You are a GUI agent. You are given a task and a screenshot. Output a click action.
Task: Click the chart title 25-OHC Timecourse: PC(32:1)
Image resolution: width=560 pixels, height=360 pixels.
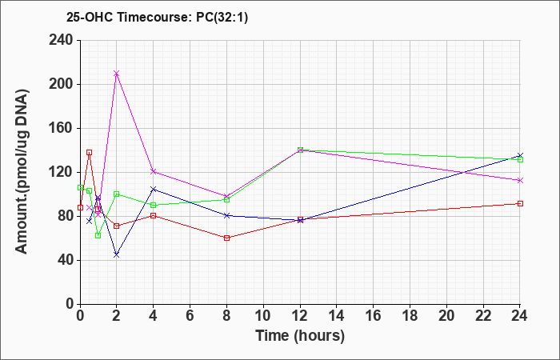[157, 18]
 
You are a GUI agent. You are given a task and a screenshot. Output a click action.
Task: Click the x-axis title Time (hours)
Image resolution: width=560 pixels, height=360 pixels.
[300, 336]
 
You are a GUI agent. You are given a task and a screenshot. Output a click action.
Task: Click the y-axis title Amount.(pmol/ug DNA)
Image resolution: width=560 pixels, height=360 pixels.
[22, 171]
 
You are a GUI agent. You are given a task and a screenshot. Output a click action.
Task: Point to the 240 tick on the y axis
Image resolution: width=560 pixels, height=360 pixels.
[60, 40]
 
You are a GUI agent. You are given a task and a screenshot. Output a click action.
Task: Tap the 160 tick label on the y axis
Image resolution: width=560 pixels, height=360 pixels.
[60, 128]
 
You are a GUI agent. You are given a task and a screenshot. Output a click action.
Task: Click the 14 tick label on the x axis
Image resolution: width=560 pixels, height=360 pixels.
[337, 316]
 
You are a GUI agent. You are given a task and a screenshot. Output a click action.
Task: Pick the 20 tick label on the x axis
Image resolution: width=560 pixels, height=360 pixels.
[446, 316]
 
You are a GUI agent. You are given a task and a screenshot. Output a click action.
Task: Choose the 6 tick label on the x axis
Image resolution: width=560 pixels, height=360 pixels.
[190, 316]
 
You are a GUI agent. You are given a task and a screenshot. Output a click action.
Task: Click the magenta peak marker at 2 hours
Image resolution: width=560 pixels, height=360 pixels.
[117, 74]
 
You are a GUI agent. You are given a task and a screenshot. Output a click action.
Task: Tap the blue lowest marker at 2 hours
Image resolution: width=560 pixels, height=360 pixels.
[117, 255]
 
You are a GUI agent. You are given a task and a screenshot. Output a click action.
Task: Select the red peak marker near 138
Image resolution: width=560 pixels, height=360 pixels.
[90, 153]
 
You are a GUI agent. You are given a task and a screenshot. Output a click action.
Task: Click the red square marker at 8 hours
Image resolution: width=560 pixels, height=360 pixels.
[226, 238]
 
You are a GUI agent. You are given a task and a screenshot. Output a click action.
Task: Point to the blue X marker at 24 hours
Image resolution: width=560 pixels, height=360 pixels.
[520, 156]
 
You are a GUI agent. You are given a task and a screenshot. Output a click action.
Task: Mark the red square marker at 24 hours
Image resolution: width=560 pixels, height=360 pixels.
[520, 203]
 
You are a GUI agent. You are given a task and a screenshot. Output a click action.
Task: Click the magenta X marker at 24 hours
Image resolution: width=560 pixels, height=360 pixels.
[520, 180]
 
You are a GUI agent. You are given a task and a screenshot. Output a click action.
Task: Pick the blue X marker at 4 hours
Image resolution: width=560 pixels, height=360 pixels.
[154, 189]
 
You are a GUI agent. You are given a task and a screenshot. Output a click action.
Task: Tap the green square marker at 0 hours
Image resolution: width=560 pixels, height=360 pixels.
[80, 187]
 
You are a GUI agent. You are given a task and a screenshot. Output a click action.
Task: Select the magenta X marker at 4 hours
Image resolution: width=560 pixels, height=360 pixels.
[154, 171]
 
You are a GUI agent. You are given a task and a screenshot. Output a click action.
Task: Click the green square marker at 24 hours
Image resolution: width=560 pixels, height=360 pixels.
[520, 160]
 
